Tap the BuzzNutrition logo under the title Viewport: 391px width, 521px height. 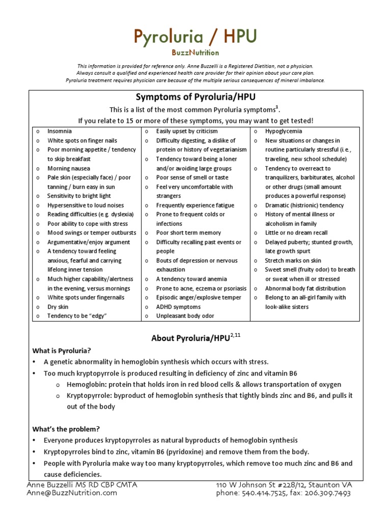[x=195, y=52]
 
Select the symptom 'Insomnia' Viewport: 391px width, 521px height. [x=60, y=131]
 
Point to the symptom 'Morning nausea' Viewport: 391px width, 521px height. [x=69, y=168]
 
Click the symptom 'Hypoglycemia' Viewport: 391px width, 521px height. [x=284, y=131]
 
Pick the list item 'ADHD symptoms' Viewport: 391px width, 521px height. [x=178, y=307]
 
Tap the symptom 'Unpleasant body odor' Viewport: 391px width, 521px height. [x=185, y=316]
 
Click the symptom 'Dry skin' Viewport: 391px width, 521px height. [x=58, y=307]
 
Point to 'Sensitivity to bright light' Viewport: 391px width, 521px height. [x=79, y=196]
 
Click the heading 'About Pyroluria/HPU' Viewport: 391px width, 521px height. [x=188, y=338]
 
